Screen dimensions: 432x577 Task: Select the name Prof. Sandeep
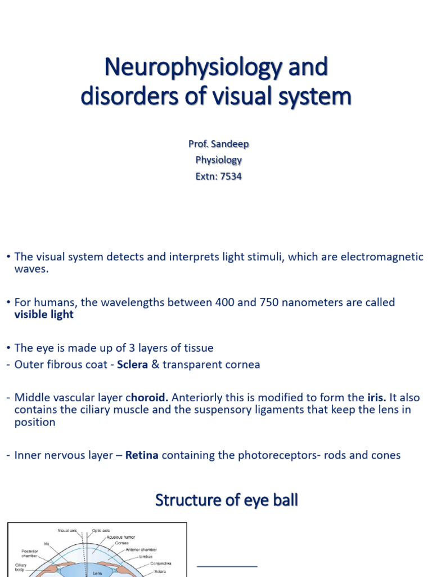[218, 144]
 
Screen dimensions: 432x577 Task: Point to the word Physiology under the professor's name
[218, 160]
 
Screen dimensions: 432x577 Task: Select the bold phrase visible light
[43, 314]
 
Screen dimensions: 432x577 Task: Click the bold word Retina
[142, 455]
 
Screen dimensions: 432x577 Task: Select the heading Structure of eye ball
[226, 500]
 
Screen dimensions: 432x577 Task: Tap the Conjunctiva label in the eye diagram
[161, 563]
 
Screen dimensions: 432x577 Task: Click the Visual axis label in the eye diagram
[70, 530]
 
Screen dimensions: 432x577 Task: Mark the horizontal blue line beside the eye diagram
[227, 566]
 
